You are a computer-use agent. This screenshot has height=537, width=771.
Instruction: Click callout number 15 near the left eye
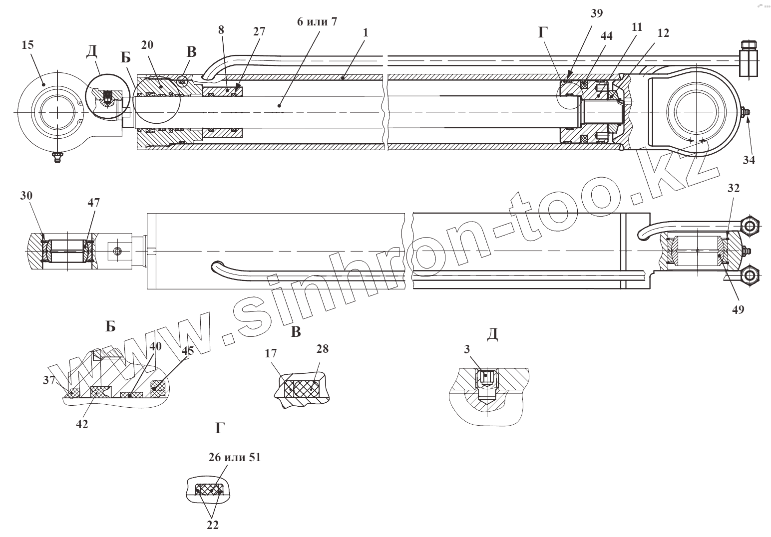click(27, 45)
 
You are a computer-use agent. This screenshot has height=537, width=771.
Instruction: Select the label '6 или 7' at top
click(317, 22)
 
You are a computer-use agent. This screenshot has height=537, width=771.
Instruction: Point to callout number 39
click(596, 13)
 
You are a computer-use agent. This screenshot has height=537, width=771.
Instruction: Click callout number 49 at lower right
click(738, 309)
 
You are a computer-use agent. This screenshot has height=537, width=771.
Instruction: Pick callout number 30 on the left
click(26, 195)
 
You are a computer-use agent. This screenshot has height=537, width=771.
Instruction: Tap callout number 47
click(94, 202)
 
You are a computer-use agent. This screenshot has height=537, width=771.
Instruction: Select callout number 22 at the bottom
click(213, 525)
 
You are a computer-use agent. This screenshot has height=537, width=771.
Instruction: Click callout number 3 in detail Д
click(467, 349)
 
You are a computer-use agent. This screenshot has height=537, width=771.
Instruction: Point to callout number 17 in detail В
click(271, 354)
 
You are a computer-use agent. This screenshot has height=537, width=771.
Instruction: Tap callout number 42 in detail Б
click(82, 424)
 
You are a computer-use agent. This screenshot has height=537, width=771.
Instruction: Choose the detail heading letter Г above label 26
click(220, 428)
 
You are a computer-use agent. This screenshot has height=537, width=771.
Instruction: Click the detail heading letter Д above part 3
click(492, 334)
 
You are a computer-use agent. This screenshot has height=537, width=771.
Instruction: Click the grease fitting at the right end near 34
click(745, 113)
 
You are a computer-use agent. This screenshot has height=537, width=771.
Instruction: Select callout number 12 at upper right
click(663, 33)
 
